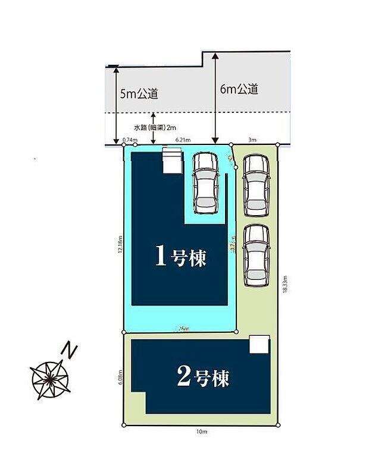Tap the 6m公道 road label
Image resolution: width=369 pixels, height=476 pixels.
click(x=239, y=90)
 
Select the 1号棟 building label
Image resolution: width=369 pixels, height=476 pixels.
click(x=180, y=257)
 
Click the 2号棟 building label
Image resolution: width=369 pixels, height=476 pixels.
click(x=203, y=377)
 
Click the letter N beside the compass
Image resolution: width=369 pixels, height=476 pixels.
click(x=71, y=350)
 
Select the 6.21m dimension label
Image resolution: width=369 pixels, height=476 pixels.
click(x=183, y=140)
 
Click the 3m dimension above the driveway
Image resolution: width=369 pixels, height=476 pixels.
click(x=252, y=140)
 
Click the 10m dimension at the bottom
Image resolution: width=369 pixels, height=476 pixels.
click(x=201, y=432)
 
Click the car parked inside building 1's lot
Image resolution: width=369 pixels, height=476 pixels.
click(x=205, y=182)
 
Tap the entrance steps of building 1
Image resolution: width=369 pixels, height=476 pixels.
click(x=172, y=161)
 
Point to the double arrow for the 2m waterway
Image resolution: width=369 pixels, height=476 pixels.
click(x=154, y=128)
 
